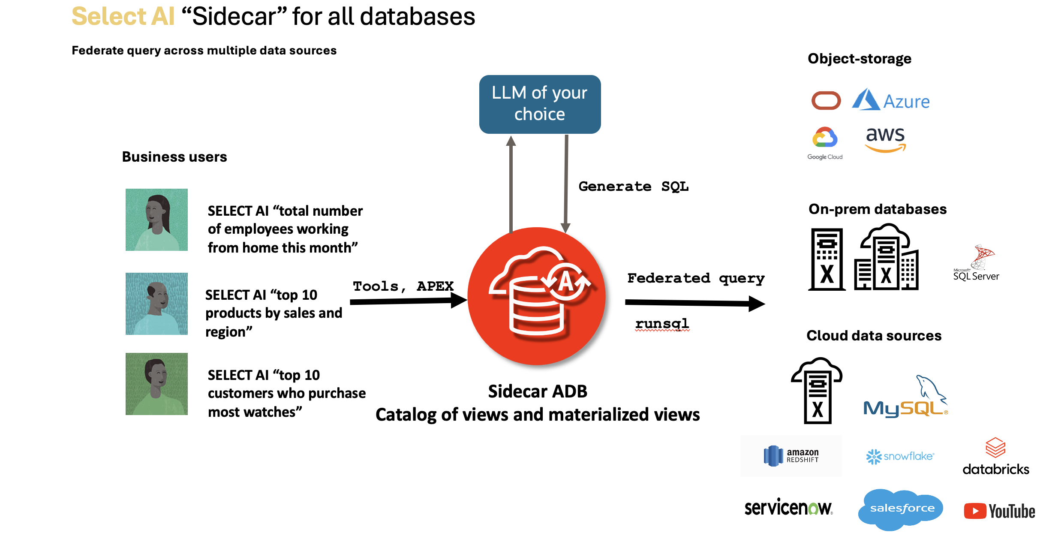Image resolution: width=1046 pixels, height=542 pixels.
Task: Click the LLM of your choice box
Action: pyautogui.click(x=540, y=104)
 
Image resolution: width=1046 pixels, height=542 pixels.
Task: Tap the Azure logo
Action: pyautogui.click(x=891, y=100)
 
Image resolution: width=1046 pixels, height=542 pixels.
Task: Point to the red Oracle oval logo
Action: pyautogui.click(x=826, y=101)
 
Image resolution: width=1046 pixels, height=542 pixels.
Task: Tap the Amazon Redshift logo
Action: pyautogui.click(x=791, y=456)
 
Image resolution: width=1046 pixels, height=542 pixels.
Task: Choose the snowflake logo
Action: pyautogui.click(x=900, y=456)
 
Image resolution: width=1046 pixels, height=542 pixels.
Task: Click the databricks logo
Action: pyautogui.click(x=995, y=457)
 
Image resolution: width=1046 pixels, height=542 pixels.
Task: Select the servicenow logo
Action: pyautogui.click(x=788, y=508)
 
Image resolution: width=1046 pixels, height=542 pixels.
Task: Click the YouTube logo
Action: pyautogui.click(x=999, y=511)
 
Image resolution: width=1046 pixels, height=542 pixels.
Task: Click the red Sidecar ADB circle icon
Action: pyautogui.click(x=536, y=296)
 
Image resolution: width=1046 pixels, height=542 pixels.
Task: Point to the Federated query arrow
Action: pyautogui.click(x=694, y=303)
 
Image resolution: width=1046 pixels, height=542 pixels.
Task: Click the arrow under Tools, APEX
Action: pyautogui.click(x=407, y=301)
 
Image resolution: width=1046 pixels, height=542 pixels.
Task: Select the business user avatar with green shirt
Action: pyautogui.click(x=156, y=384)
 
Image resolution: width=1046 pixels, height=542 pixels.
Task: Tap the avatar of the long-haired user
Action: pyautogui.click(x=156, y=220)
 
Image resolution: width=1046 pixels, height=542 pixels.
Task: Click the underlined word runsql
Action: pyautogui.click(x=662, y=323)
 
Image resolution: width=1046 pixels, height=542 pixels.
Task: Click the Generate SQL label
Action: pyautogui.click(x=633, y=187)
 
